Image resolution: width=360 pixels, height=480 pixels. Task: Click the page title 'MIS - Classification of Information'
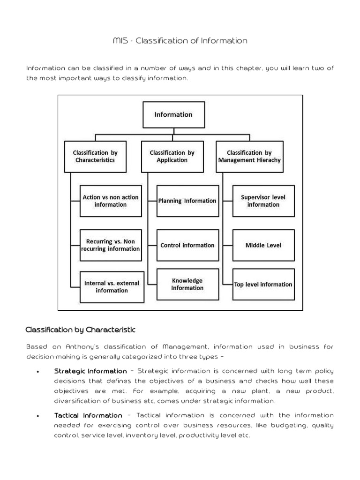tap(180, 41)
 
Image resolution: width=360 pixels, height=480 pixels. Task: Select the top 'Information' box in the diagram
tap(173, 114)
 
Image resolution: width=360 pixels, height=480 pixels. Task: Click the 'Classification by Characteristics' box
tap(95, 157)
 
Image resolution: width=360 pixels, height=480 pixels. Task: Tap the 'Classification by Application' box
tap(172, 157)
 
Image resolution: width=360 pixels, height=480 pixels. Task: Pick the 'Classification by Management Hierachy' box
tap(249, 157)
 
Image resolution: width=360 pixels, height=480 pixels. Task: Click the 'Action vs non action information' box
tap(111, 201)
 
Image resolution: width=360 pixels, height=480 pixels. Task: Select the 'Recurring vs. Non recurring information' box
tap(111, 245)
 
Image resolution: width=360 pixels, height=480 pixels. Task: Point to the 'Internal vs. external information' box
tap(111, 286)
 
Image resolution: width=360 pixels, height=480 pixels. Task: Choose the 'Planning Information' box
tap(187, 201)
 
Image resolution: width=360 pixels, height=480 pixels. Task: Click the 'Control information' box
tap(187, 245)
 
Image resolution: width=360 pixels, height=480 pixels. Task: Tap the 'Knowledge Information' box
tap(187, 285)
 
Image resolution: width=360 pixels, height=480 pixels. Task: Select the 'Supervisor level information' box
tap(263, 201)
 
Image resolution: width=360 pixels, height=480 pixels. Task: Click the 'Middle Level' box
tap(263, 245)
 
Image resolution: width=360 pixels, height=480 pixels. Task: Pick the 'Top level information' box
tap(263, 285)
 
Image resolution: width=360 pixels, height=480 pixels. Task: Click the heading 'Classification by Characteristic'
tap(80, 330)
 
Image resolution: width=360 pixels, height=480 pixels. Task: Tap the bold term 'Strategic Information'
tap(90, 371)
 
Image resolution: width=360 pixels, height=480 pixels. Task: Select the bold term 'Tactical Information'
tap(88, 415)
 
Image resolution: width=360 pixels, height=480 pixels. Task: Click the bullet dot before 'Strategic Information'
tap(37, 372)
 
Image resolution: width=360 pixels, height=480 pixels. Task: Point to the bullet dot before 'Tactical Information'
tap(37, 416)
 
